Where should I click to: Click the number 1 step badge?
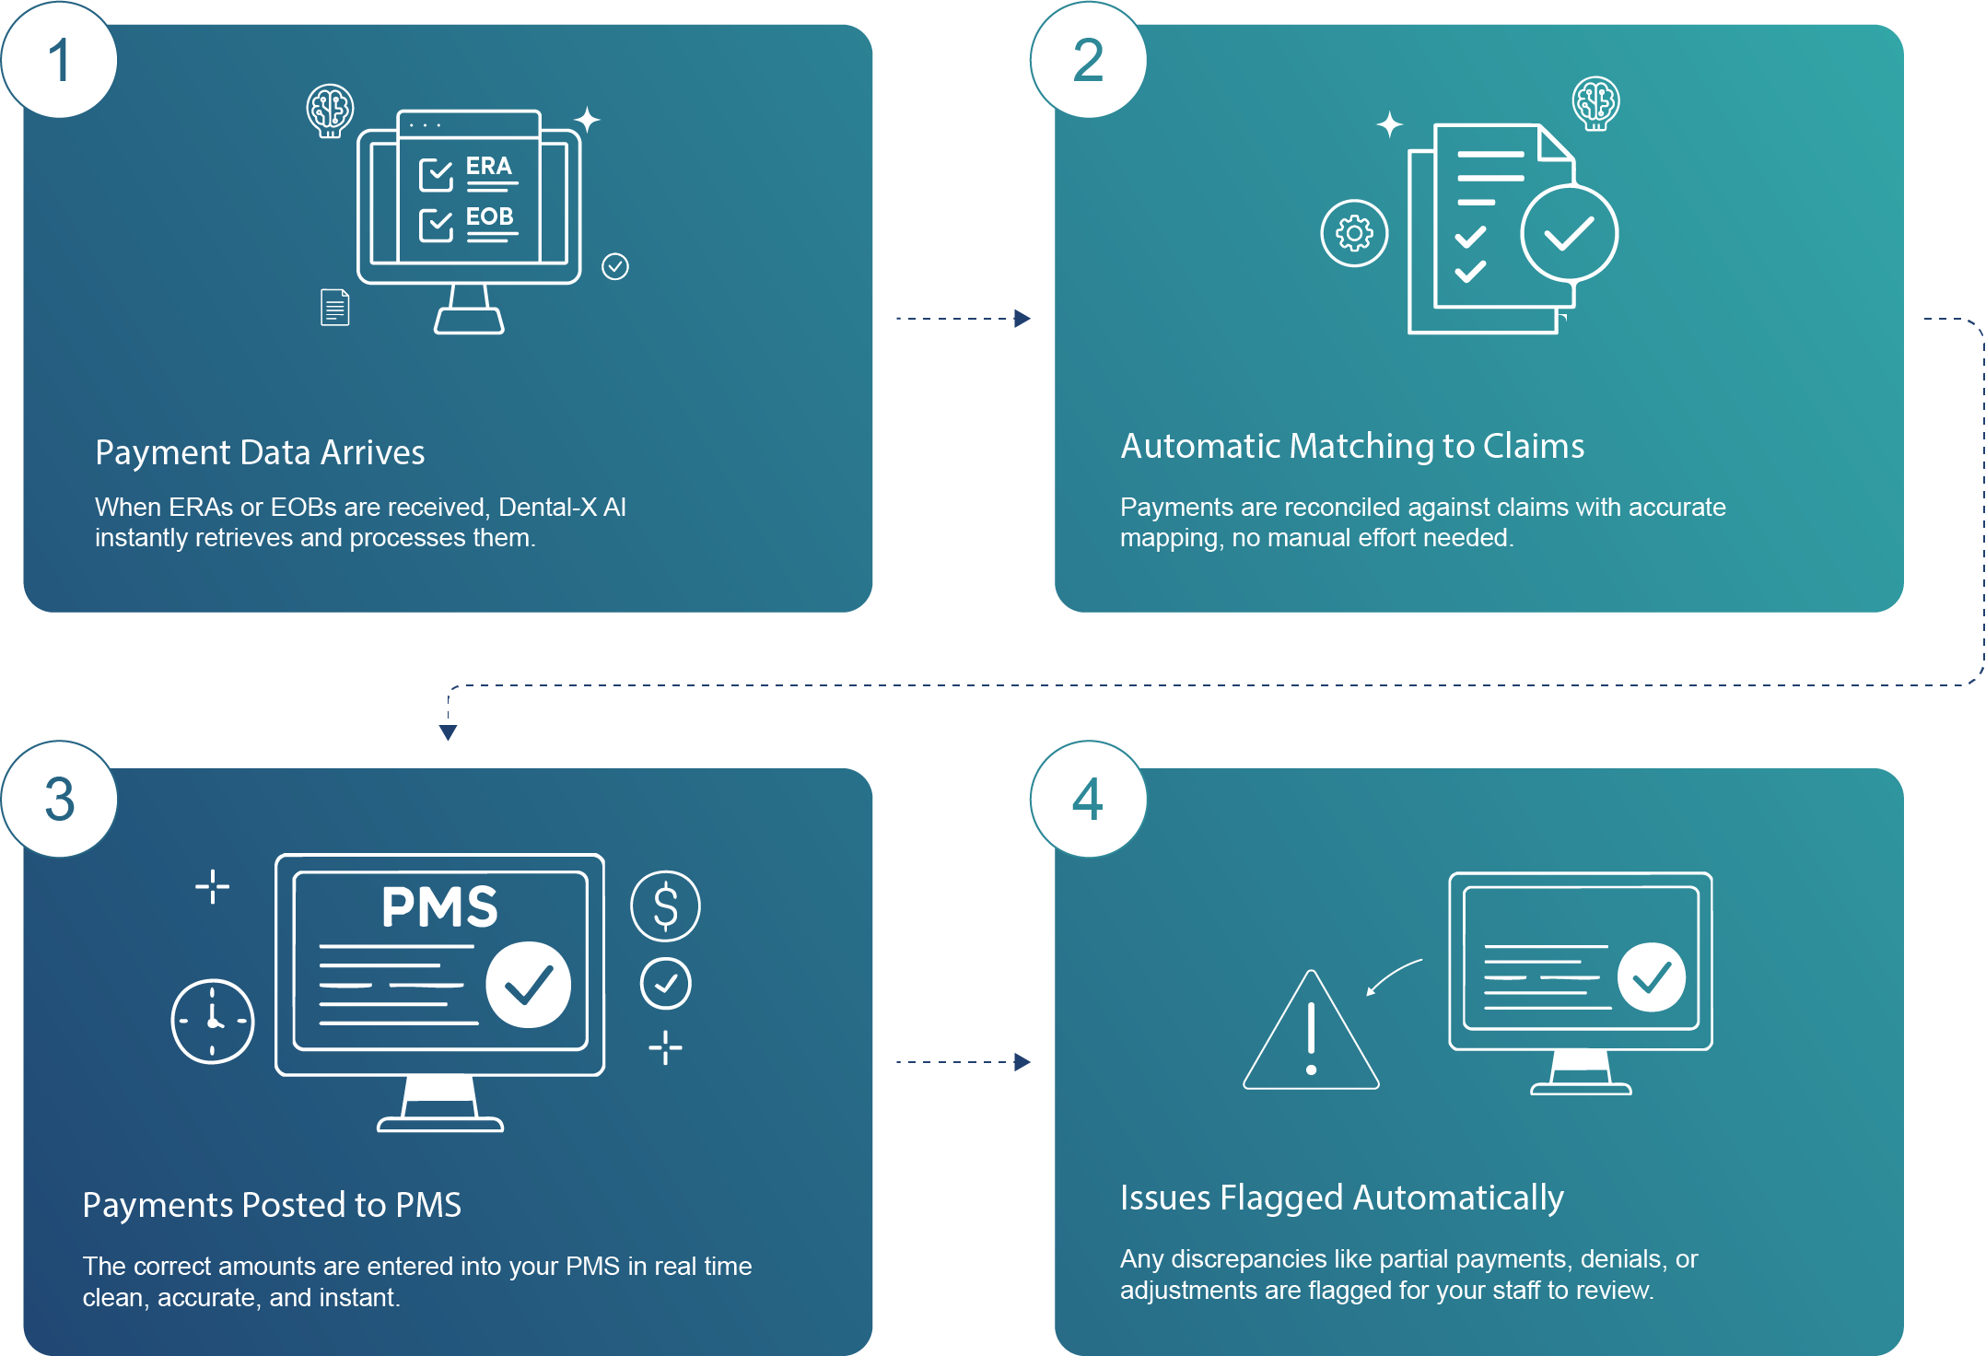point(60,61)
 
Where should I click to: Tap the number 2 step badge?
point(1088,61)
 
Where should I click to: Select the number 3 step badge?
point(60,799)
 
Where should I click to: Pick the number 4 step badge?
point(1088,799)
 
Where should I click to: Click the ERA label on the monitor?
point(488,167)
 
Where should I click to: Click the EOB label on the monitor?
point(489,216)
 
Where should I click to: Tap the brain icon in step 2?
point(1595,102)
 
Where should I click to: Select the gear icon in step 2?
point(1354,233)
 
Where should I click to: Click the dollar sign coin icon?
point(665,906)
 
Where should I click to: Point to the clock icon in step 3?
point(213,1021)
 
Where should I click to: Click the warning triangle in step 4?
point(1311,1035)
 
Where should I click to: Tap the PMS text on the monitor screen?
point(439,906)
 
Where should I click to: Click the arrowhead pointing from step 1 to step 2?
point(1022,319)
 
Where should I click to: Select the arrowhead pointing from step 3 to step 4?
point(1022,1062)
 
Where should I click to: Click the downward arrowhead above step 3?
point(448,732)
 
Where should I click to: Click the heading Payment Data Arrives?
point(260,452)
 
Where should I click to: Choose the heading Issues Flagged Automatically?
point(1341,1198)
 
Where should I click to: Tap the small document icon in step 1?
point(335,307)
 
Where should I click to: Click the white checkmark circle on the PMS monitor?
point(528,984)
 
